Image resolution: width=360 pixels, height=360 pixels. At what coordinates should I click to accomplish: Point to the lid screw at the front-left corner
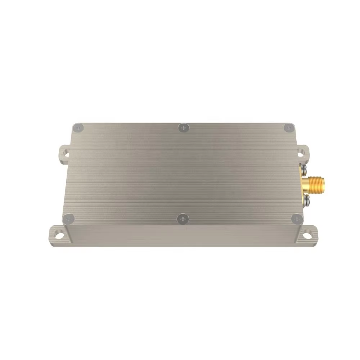click(x=68, y=218)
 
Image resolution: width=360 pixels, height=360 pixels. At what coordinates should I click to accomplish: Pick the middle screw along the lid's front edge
click(x=184, y=218)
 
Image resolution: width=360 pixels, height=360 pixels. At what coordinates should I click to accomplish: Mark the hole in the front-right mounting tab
click(x=308, y=234)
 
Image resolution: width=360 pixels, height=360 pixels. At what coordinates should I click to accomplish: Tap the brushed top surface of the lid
click(x=180, y=173)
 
